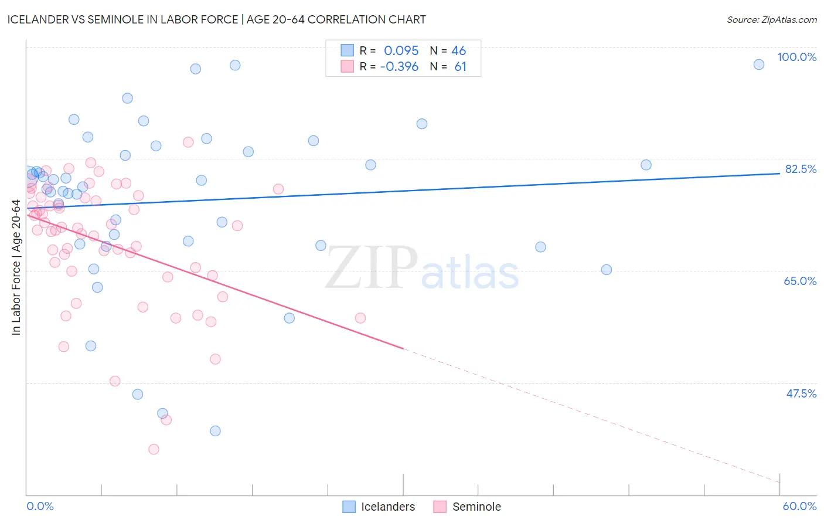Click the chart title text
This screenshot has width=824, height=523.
click(x=216, y=19)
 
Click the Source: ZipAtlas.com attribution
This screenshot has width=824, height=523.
click(x=771, y=19)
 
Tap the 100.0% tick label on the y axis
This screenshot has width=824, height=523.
click(x=796, y=57)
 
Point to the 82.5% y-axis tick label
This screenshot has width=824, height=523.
click(x=800, y=169)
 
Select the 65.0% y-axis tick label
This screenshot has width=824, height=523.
click(x=800, y=281)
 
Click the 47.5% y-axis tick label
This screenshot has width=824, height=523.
click(x=801, y=393)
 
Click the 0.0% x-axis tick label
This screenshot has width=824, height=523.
click(x=40, y=506)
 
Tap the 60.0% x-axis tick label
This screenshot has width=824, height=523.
click(x=799, y=506)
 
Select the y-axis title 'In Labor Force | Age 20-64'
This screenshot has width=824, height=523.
click(x=16, y=267)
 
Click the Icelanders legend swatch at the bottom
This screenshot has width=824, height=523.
click(x=349, y=507)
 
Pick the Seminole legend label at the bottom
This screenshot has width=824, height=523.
click(x=476, y=507)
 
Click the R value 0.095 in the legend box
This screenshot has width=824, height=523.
click(x=401, y=50)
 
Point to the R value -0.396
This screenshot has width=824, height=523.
click(x=399, y=67)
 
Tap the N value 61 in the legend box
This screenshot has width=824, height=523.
click(x=460, y=67)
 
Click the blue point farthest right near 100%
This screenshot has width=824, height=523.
click(x=759, y=64)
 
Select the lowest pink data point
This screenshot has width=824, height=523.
click(x=154, y=449)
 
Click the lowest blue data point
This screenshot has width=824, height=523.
click(x=215, y=431)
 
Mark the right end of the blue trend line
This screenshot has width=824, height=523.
click(x=779, y=174)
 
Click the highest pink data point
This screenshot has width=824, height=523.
click(x=188, y=142)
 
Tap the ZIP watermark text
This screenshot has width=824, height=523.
click(x=372, y=268)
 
